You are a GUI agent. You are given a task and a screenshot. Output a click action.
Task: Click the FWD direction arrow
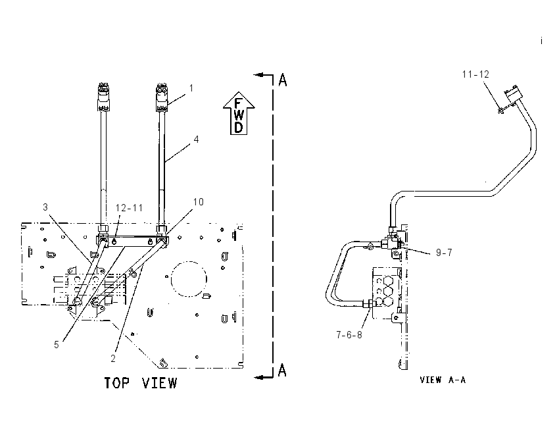(239, 113)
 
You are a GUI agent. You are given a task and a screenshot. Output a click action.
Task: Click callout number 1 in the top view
(191, 88)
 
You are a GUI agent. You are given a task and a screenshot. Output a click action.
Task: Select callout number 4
(197, 140)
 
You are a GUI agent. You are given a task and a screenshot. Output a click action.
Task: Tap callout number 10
(198, 202)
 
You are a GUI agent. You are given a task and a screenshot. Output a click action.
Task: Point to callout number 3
(45, 207)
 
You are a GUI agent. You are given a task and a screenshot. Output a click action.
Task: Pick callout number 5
(57, 345)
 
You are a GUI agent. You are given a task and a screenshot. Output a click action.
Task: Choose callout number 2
(113, 359)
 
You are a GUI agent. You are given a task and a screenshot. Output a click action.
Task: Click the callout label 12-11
(129, 207)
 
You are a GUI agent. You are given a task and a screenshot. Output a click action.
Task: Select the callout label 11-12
(475, 74)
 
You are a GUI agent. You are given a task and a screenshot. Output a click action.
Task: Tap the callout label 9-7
(444, 253)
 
